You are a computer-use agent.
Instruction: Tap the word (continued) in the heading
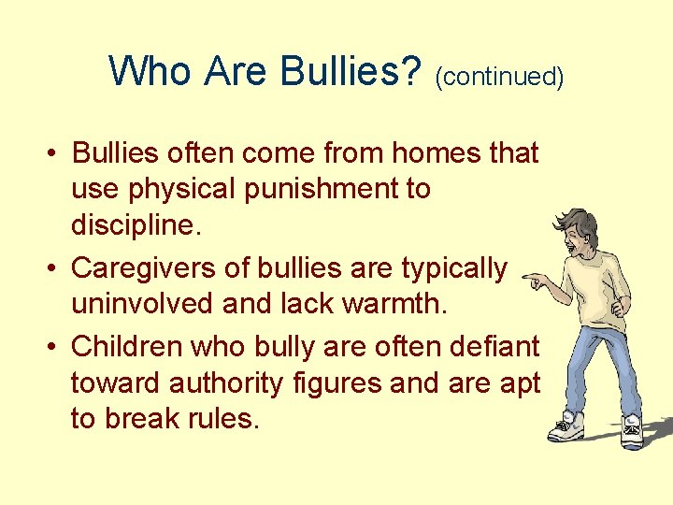499,76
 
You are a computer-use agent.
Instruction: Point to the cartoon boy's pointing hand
536,278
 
